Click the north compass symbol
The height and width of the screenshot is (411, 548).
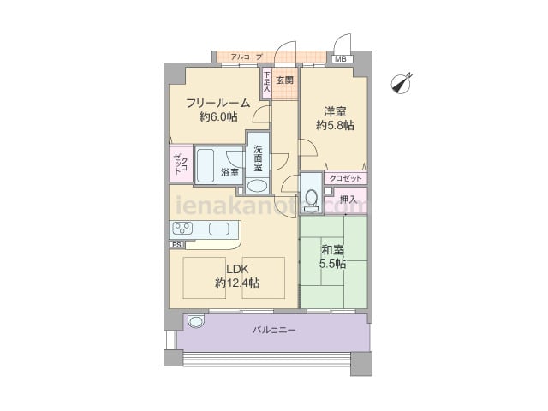402,84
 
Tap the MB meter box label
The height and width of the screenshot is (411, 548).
341,59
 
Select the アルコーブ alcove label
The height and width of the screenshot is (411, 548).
247,57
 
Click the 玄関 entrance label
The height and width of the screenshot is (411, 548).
284,80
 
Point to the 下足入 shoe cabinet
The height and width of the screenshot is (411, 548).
267,82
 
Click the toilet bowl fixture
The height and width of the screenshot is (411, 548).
311,200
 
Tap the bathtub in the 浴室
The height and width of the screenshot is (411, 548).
205,165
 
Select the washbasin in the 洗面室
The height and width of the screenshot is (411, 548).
258,185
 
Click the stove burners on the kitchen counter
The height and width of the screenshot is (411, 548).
183,229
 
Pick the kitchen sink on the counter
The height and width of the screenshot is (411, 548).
219,229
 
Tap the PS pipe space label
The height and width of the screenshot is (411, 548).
177,245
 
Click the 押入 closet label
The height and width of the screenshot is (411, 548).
348,200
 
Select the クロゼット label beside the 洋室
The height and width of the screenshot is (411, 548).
345,179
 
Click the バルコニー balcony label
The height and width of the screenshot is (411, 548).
274,330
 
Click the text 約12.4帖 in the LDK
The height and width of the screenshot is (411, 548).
237,283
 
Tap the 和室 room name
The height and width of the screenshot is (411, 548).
332,250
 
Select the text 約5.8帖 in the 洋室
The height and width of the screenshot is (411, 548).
335,125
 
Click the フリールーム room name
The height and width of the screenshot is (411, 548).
218,103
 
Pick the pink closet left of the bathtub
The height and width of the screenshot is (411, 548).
181,164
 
